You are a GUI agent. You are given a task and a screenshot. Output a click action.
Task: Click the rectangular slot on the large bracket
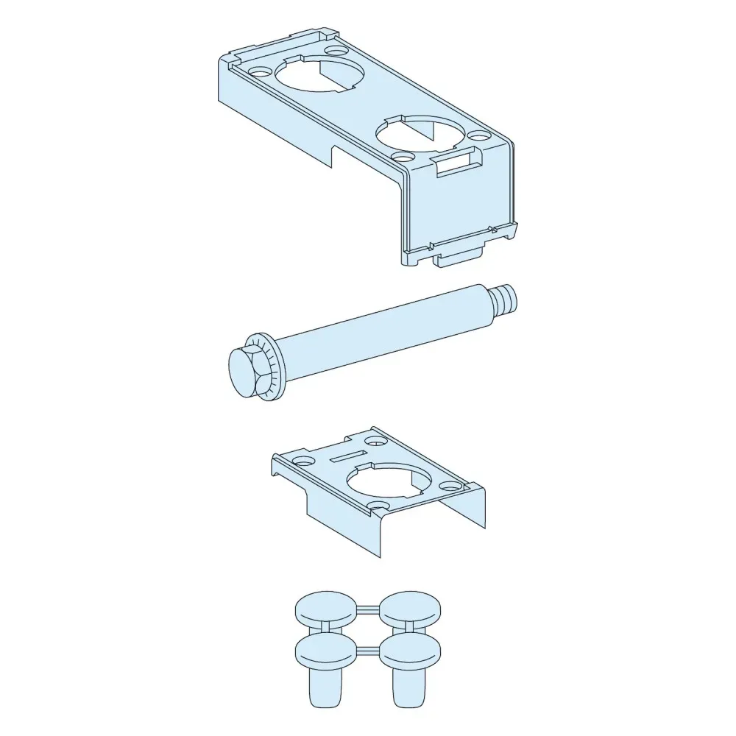(x=456, y=163)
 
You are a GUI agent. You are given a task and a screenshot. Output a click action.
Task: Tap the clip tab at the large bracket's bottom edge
(x=457, y=257)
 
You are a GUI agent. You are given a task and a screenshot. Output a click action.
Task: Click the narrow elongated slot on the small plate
(x=347, y=456)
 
